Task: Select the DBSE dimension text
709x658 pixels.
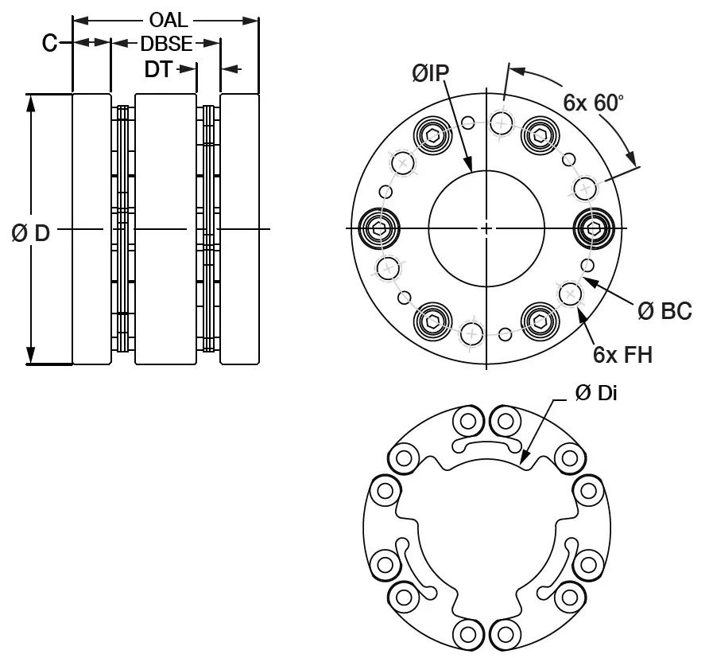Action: tap(166, 44)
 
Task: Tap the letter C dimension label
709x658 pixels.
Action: tap(49, 44)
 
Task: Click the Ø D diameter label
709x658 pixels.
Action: tap(30, 234)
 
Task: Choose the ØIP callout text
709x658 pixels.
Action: tap(430, 73)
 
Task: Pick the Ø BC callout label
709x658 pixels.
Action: tap(664, 310)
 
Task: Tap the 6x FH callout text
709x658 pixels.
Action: tap(622, 354)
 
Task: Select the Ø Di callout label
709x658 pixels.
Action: tap(595, 394)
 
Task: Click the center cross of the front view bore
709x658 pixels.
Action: tap(486, 229)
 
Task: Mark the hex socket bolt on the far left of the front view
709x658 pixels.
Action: tap(378, 229)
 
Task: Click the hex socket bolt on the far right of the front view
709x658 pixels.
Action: tap(594, 229)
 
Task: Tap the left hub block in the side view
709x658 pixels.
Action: tap(91, 229)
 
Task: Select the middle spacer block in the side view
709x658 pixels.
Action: tap(165, 229)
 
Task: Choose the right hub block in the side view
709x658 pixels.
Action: tap(239, 229)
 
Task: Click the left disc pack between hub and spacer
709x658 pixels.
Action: tap(122, 229)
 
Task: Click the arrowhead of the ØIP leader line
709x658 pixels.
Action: tap(471, 167)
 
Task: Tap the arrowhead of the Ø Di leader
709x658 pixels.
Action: tap(523, 459)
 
